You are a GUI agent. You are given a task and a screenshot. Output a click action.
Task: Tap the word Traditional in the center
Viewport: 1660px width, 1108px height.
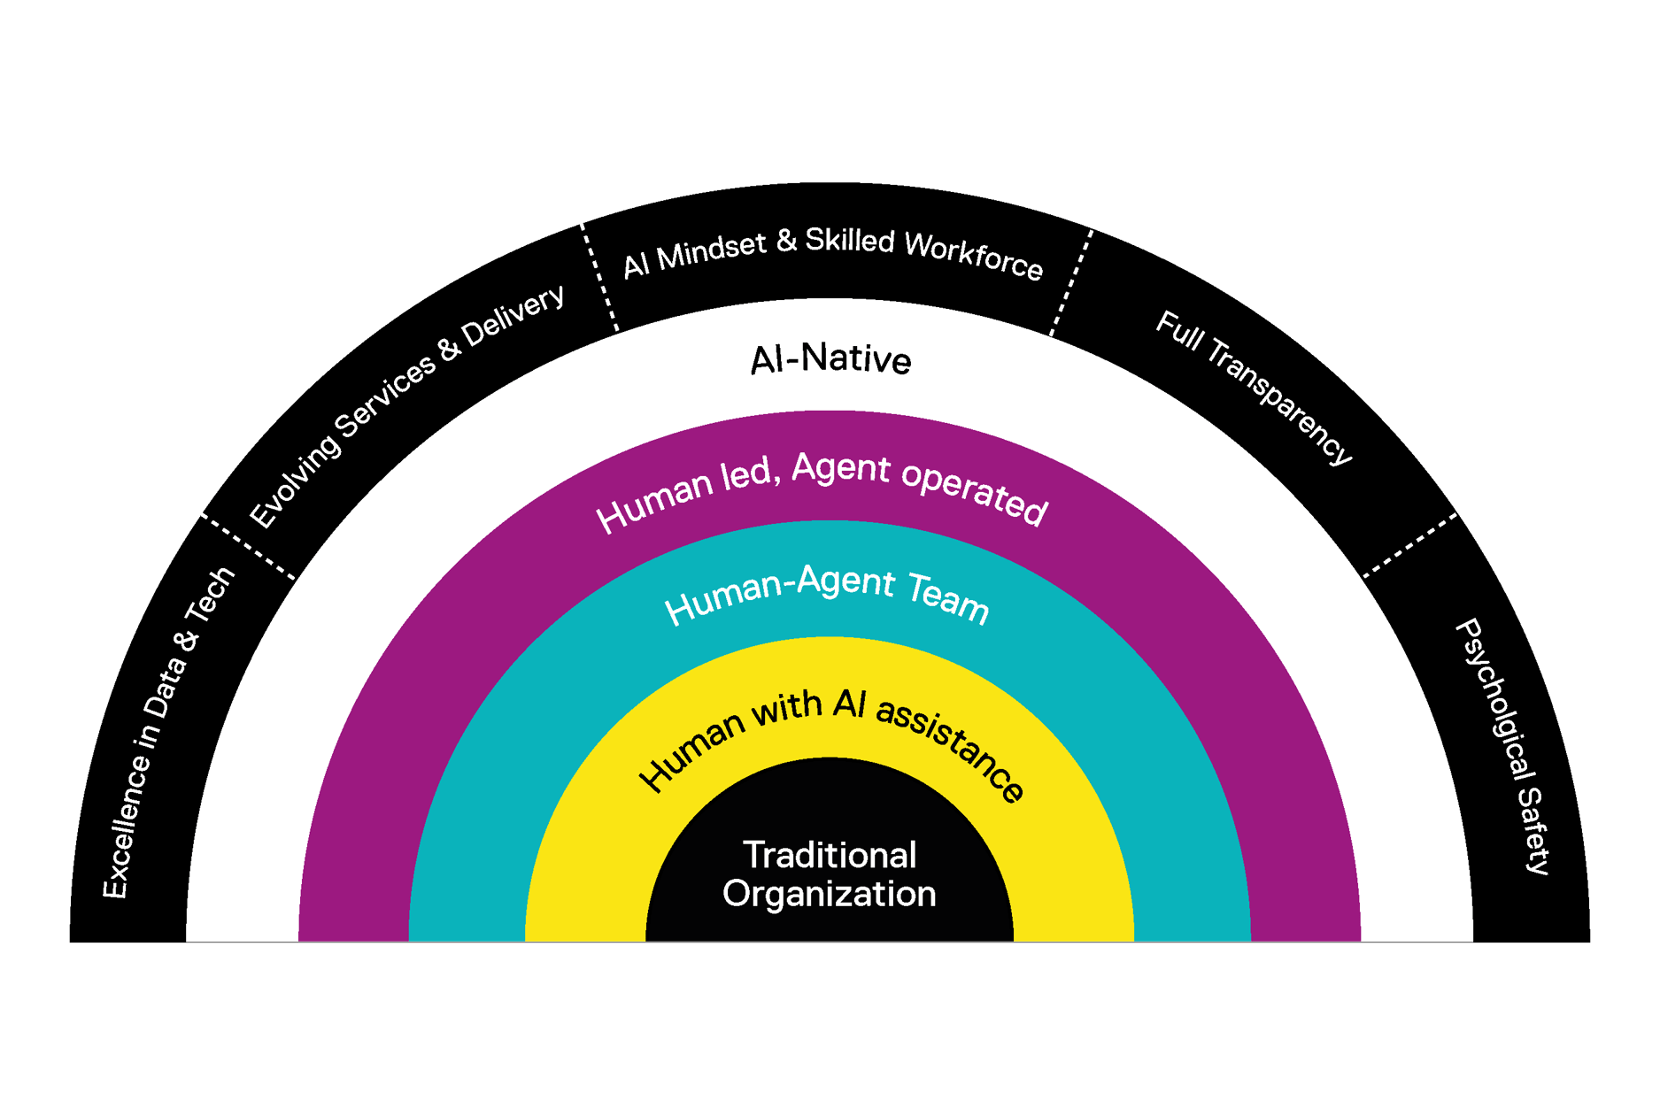(830, 855)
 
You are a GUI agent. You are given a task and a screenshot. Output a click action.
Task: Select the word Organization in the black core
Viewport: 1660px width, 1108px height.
(830, 894)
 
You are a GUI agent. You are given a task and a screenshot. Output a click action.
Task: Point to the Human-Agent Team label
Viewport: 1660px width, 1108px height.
(826, 595)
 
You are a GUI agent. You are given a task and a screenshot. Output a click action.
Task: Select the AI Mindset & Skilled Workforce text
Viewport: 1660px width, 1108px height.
(832, 251)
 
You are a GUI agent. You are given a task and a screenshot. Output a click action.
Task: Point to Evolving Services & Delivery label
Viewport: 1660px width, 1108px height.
(406, 405)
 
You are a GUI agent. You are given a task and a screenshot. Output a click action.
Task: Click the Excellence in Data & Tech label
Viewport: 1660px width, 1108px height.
(168, 733)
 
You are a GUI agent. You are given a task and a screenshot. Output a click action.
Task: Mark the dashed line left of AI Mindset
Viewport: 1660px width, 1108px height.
(599, 277)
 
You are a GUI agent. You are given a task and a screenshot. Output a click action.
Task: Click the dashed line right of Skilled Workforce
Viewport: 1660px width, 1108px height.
(1071, 282)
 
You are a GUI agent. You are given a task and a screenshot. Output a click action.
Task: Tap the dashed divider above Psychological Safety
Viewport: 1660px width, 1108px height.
(1410, 544)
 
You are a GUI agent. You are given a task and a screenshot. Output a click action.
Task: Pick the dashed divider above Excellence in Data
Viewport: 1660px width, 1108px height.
(248, 546)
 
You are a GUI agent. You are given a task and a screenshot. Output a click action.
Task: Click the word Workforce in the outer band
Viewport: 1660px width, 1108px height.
(974, 255)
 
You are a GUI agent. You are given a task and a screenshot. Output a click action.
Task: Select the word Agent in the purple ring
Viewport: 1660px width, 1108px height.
(841, 469)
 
